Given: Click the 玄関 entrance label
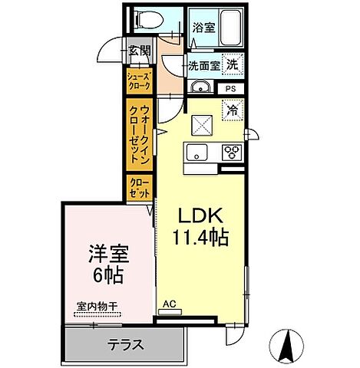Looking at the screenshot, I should point(140,51).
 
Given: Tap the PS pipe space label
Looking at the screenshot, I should point(231,89).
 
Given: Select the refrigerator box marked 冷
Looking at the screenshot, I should point(231,110).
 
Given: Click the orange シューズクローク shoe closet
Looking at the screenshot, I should point(140,80).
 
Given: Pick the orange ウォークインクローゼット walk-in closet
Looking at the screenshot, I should point(140,135).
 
